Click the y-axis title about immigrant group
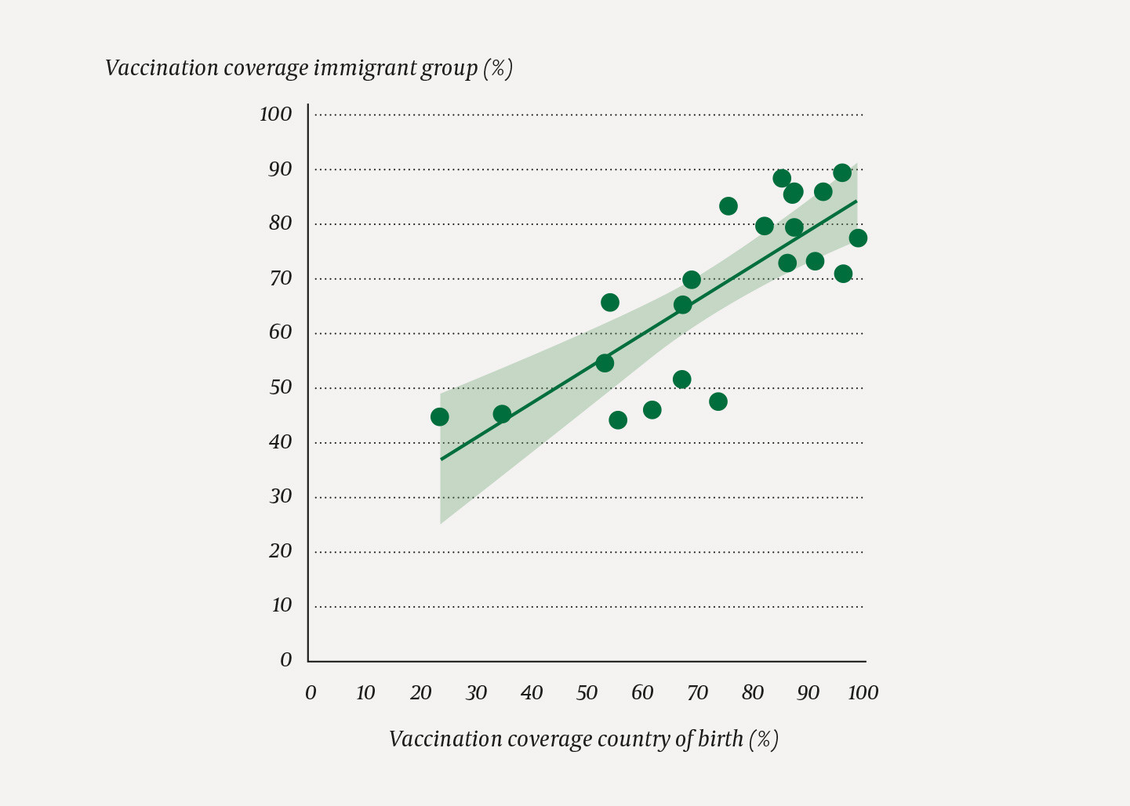308,69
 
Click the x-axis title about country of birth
583,739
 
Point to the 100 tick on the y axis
275,114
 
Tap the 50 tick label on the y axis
280,387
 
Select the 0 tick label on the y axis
286,660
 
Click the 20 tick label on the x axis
420,693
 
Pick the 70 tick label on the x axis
697,693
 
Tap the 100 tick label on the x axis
863,693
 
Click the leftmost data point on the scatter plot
440,417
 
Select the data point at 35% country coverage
502,414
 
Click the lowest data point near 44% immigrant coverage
618,420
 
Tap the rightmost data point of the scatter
858,238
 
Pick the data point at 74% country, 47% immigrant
718,401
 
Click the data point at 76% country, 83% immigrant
729,206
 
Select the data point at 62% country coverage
652,410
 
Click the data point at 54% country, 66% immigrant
610,303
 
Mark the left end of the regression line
441,459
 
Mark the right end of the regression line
856,201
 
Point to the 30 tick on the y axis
280,496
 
